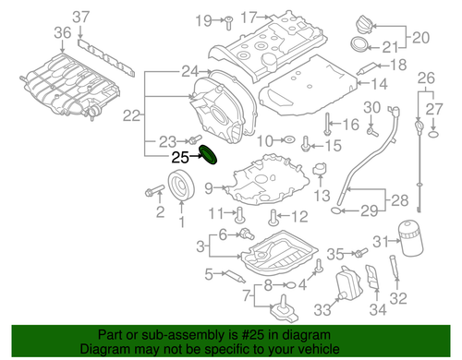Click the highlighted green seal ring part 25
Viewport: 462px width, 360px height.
208,156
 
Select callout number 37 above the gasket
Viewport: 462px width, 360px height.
81,16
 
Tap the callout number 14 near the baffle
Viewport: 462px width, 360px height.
380,83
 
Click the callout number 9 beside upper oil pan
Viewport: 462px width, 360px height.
209,188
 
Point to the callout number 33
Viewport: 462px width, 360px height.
322,309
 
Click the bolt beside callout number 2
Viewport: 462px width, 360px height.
152,192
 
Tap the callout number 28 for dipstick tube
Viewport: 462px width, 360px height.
399,200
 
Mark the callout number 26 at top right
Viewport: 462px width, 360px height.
425,76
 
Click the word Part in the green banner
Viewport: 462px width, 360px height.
112,335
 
